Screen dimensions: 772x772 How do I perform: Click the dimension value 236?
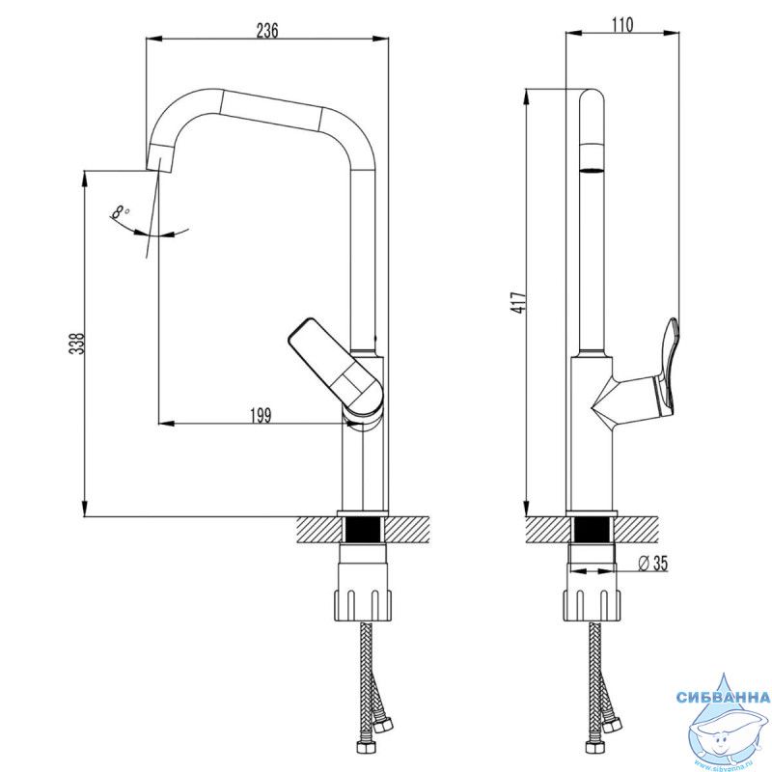267,30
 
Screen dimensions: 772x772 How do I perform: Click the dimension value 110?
622,26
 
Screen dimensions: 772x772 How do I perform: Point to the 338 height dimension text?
77,345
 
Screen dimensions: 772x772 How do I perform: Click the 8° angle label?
121,211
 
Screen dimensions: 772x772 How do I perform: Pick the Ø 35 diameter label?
653,565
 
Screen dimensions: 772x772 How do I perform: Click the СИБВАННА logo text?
723,697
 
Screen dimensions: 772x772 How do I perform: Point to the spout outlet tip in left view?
160,155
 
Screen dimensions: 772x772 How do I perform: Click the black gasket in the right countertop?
591,530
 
